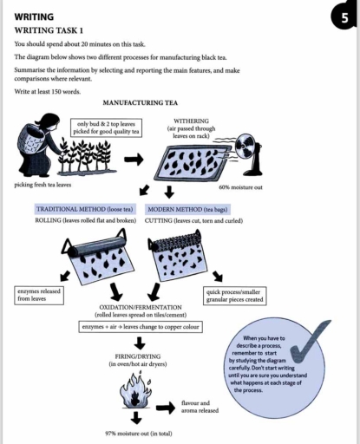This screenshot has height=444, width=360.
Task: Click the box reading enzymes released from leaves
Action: (39, 295)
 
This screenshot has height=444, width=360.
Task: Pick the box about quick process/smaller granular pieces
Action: (236, 295)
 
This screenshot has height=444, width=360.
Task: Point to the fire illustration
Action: (136, 400)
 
